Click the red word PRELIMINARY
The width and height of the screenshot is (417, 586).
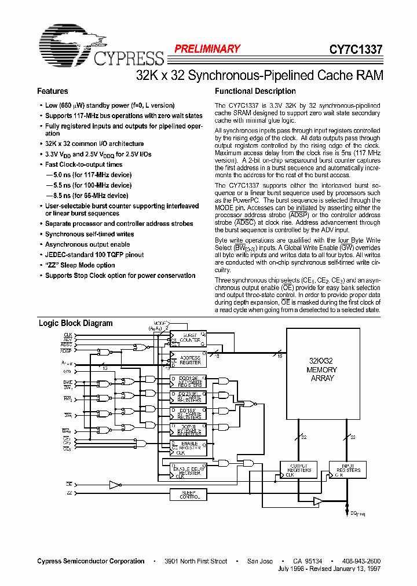207,49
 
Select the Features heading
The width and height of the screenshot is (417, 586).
52,91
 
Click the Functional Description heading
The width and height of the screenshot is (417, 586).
255,91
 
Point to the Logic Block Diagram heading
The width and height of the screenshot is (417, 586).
75,323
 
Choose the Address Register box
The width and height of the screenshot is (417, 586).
189,360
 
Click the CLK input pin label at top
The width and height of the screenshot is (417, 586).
68,335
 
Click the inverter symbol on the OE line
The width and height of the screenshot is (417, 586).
115,484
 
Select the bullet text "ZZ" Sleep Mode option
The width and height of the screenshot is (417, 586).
80,265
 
